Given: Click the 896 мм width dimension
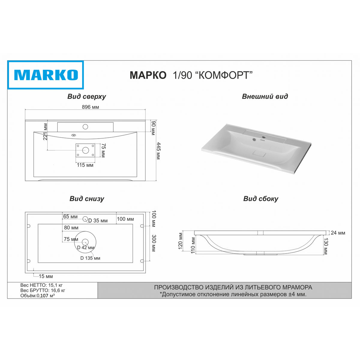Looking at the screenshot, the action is click(x=90, y=107).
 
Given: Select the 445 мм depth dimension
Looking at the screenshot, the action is click(x=158, y=151).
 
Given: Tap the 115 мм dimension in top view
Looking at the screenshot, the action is click(x=85, y=165).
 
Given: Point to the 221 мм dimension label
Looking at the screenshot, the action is click(x=45, y=132).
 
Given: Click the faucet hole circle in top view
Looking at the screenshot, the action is click(x=85, y=127).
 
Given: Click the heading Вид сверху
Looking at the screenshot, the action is click(x=87, y=96).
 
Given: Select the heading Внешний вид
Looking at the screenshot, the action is click(x=265, y=96).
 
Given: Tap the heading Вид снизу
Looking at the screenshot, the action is click(x=87, y=199).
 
